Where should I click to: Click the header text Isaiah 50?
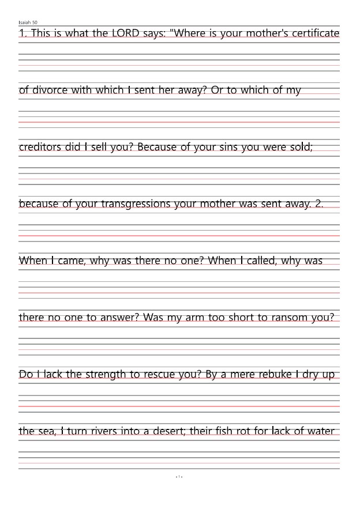click(x=28, y=22)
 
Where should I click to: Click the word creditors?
click(x=40, y=146)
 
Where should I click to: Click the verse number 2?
click(x=319, y=203)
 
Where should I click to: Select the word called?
click(x=260, y=261)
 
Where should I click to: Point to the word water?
click(x=321, y=431)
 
